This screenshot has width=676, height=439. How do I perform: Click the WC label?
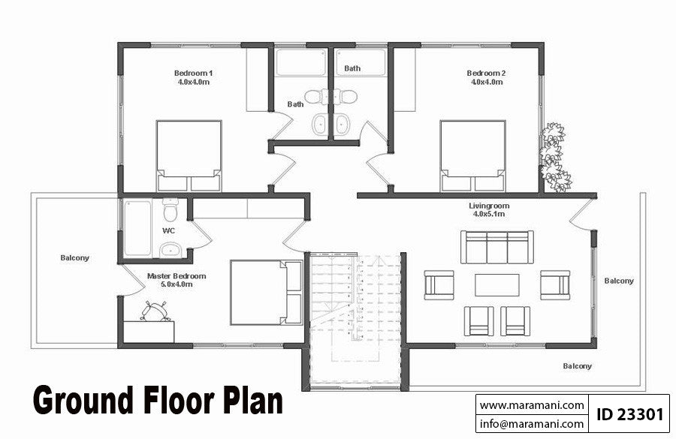pyautogui.click(x=168, y=230)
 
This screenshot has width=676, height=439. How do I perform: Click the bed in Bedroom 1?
pyautogui.click(x=189, y=156)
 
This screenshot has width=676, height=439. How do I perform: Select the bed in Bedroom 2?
pyautogui.click(x=472, y=156)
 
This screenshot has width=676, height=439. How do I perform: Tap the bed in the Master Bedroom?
pyautogui.click(x=266, y=292)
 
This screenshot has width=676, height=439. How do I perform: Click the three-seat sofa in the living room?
pyautogui.click(x=497, y=247)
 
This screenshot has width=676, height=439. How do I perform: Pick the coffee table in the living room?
pyautogui.click(x=496, y=285)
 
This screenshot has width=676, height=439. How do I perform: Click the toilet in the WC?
pyautogui.click(x=171, y=206)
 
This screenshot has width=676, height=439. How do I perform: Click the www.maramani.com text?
pyautogui.click(x=532, y=405)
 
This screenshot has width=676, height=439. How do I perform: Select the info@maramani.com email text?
pyautogui.click(x=532, y=424)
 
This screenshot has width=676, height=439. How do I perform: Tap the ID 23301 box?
pyautogui.click(x=629, y=414)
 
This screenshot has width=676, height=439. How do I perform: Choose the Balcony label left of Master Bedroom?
pyautogui.click(x=75, y=258)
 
